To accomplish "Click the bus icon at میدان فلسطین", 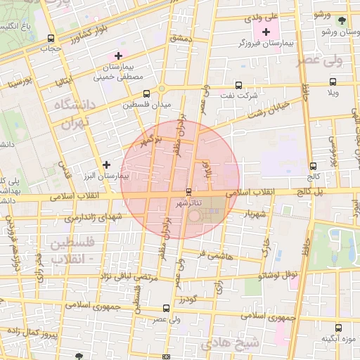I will tap(146, 94).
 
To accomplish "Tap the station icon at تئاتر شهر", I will tap(188, 191).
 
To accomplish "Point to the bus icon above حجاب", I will tap(50, 39).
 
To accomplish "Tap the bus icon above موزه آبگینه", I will tap(339, 328).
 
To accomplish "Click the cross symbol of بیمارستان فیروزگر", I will tap(266, 32).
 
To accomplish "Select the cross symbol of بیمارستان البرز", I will tap(106, 164).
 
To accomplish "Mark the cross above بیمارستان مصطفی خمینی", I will tap(118, 55).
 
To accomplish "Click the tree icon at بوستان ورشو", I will tap(342, 21).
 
